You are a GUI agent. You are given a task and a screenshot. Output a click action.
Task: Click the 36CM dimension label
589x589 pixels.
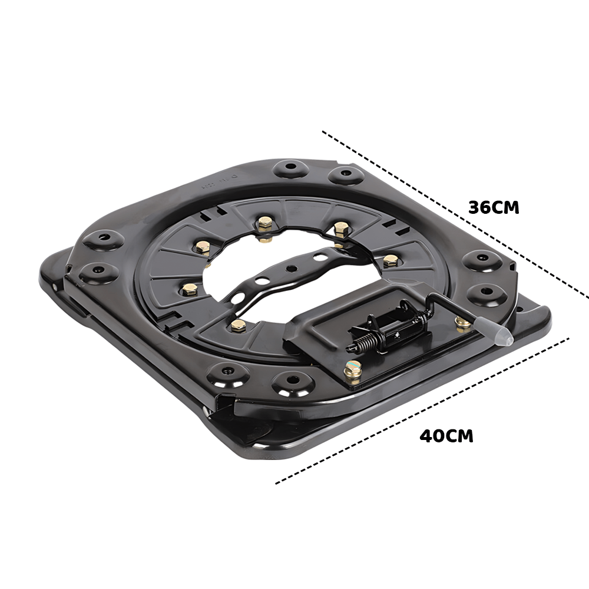click(494, 207)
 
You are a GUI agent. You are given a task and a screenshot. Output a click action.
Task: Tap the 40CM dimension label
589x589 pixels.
click(446, 436)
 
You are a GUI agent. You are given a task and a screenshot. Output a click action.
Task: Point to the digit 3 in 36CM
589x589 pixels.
click(475, 207)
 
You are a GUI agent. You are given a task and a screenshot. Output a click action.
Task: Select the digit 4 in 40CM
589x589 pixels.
click(426, 436)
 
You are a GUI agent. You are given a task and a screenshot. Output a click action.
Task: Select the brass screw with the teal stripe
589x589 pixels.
click(353, 369)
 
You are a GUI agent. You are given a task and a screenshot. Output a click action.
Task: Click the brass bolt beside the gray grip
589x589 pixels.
click(463, 322)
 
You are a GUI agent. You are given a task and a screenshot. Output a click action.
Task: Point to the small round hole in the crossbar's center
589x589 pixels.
click(290, 268)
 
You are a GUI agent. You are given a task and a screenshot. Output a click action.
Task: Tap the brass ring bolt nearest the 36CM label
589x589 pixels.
click(340, 229)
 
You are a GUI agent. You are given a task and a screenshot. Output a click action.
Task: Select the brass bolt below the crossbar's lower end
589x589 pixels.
click(238, 325)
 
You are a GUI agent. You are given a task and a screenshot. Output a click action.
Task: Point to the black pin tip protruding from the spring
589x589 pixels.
click(349, 349)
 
